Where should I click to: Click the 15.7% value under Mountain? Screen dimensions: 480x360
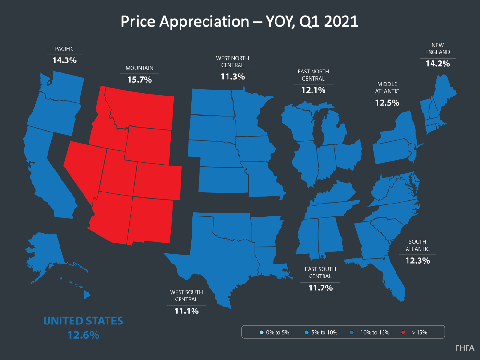pos(140,80)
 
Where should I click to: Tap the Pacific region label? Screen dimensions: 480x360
pos(64,48)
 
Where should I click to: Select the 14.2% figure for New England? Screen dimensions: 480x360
pos(438,64)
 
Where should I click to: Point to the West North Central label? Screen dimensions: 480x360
pos(233,61)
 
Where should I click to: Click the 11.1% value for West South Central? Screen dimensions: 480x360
pos(186,311)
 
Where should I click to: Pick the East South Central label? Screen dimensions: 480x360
pos(320,273)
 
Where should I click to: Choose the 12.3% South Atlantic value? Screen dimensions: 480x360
pos(418,261)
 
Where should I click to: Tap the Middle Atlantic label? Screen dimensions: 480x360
pos(387,87)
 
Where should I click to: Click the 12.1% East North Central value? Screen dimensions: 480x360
pos(313,90)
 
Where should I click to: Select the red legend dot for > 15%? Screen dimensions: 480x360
pos(403,332)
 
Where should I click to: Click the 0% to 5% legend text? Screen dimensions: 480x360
pos(277,332)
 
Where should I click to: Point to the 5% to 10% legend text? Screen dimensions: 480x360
pos(324,332)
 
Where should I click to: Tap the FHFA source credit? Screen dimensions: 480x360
pos(465,348)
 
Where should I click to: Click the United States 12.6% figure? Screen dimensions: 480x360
pos(83,335)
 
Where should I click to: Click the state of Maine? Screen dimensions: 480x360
pos(444,92)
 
